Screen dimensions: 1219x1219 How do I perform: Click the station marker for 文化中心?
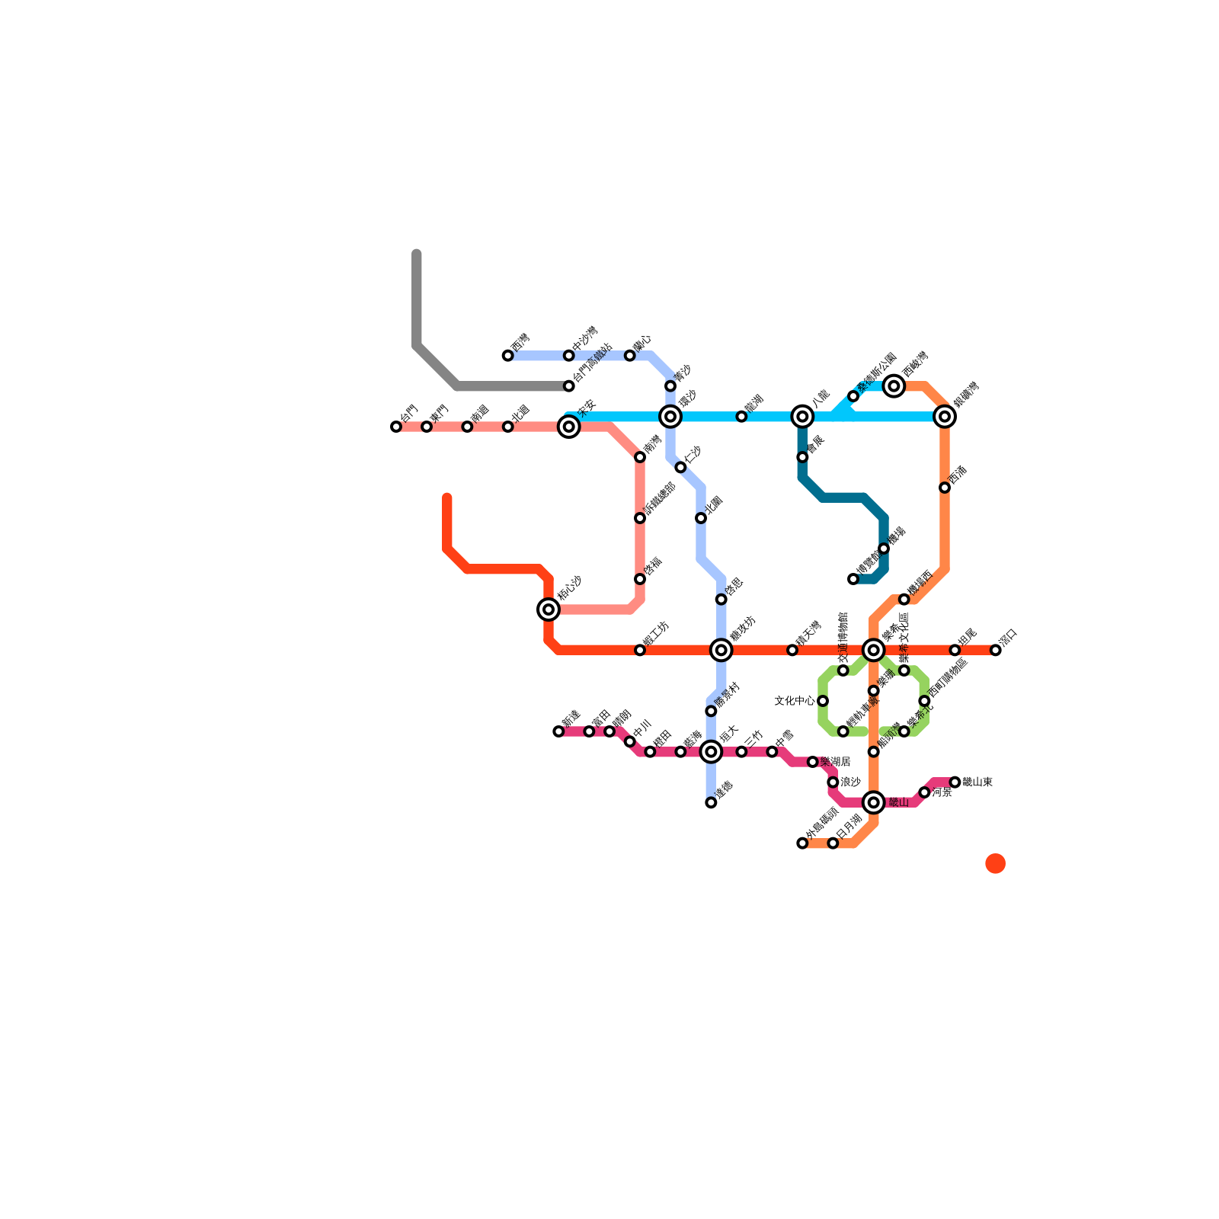823,701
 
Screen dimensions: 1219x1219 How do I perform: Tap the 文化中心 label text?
794,701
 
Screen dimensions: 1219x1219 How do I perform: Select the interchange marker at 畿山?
874,802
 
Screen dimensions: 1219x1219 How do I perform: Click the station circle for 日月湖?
833,843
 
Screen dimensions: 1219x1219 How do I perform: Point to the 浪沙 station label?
850,782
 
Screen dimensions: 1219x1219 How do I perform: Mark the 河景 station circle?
924,792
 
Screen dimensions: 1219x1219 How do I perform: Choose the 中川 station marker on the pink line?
629,741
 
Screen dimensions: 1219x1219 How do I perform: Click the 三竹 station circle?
741,752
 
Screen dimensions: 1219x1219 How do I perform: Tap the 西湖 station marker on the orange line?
945,488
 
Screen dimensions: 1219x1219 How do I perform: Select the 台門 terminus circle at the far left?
396,427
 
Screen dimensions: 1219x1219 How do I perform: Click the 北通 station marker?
508,427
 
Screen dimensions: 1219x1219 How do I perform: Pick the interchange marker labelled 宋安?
569,427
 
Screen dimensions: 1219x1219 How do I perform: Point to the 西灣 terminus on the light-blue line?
508,356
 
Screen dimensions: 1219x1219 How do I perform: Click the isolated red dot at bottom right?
995,863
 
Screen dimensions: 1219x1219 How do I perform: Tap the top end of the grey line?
417,254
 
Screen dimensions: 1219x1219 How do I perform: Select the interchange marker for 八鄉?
802,416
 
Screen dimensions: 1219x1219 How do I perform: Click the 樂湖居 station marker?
813,762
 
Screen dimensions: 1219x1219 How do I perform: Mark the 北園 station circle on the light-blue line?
701,518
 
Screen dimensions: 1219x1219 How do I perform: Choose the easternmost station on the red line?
995,650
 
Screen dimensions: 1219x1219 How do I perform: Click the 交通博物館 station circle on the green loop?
843,670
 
